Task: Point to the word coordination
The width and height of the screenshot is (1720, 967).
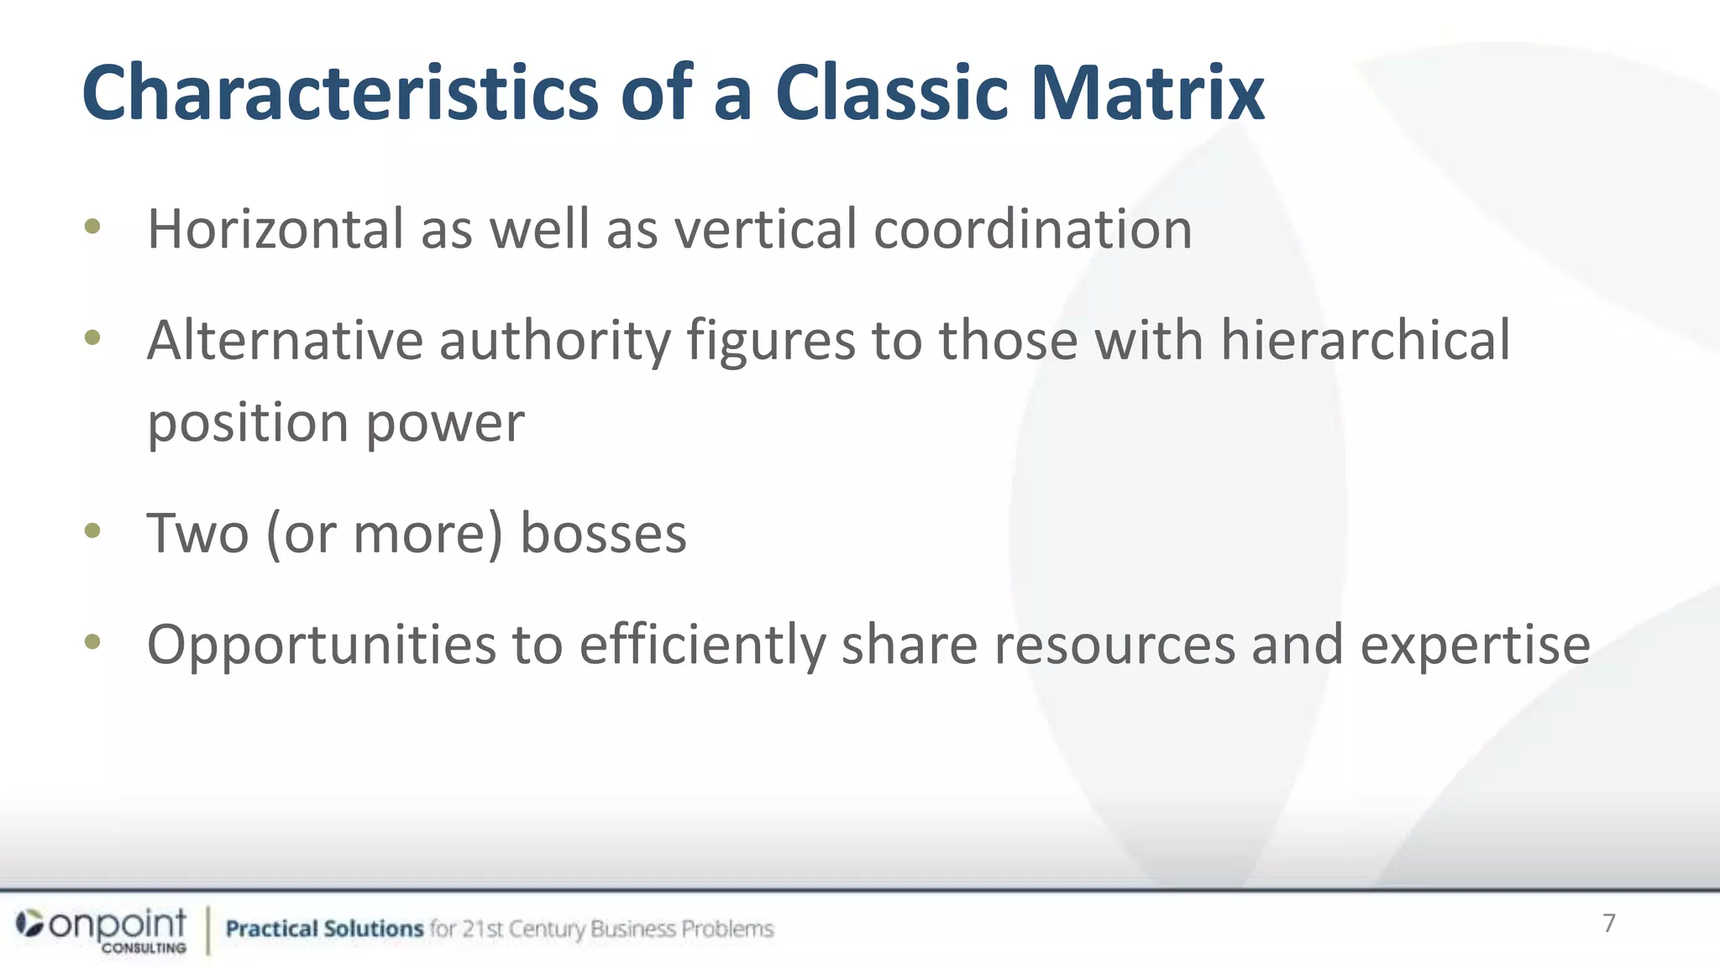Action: click(1032, 229)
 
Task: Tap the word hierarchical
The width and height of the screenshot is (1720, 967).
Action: click(1365, 341)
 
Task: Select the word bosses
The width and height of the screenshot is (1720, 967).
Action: click(603, 534)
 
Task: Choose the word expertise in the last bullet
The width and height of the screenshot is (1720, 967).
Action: click(1475, 645)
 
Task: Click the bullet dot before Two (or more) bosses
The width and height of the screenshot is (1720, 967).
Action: click(92, 531)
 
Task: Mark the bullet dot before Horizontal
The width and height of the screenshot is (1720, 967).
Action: click(92, 226)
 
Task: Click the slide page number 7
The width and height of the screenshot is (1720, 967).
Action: click(1608, 923)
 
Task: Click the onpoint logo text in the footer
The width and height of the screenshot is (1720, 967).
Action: click(118, 923)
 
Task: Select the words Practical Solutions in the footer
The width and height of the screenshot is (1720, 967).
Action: click(324, 928)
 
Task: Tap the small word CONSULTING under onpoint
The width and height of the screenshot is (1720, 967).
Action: click(144, 948)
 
